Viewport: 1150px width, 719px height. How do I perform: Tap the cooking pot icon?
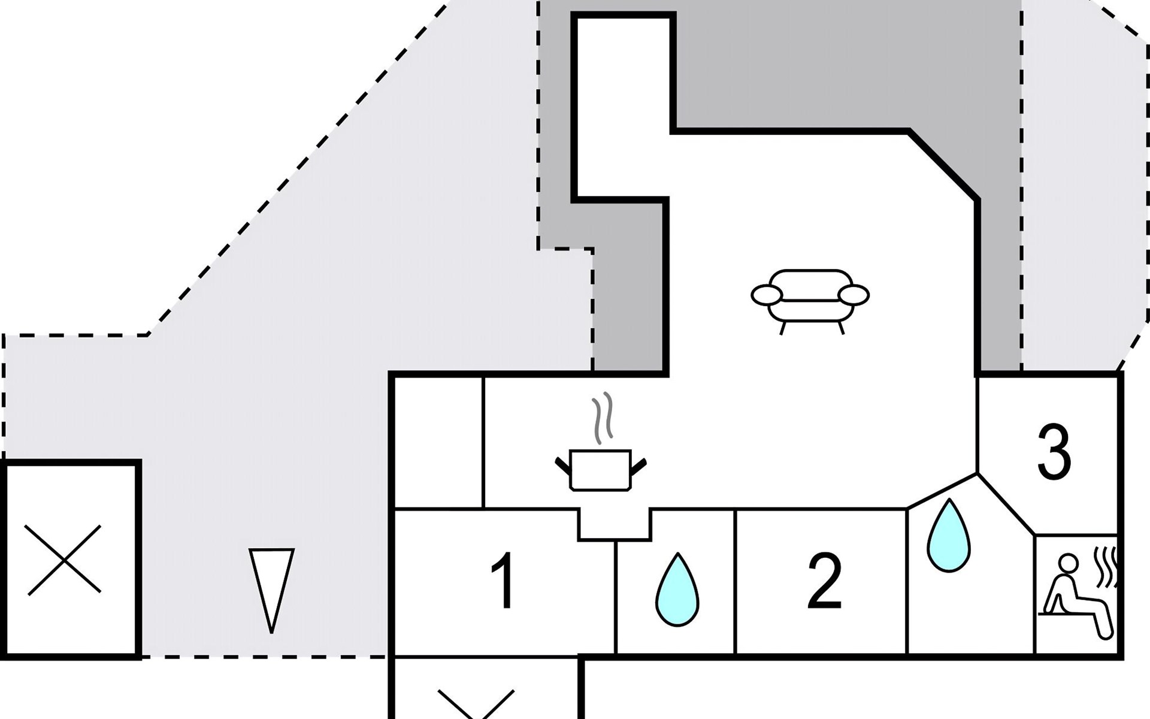pos(601,470)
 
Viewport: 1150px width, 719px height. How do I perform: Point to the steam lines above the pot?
pos(601,418)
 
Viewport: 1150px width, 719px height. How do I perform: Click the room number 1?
pos(504,580)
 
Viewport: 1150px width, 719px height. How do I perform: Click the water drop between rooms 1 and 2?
pos(677,590)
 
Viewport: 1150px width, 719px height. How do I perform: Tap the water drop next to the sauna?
pos(949,535)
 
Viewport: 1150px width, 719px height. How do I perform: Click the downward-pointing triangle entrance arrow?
pos(271,591)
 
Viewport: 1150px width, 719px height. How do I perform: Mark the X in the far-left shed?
pos(64,560)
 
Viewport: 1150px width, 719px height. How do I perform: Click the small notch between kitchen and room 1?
pos(615,525)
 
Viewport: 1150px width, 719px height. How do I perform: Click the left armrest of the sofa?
pos(767,295)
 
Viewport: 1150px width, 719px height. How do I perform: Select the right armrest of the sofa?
pos(854,295)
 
